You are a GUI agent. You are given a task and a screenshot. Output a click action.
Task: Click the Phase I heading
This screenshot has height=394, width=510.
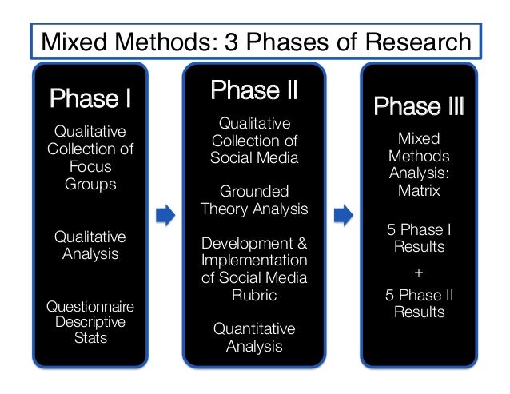[x=90, y=100]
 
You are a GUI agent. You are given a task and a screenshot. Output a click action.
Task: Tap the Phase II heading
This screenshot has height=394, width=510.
[x=254, y=91]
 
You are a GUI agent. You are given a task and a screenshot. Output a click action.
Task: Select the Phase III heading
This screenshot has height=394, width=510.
[x=419, y=106]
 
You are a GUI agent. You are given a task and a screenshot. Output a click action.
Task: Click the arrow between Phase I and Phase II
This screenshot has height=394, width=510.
[x=165, y=217]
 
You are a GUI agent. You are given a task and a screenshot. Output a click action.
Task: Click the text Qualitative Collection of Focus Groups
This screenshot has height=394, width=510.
[x=90, y=157]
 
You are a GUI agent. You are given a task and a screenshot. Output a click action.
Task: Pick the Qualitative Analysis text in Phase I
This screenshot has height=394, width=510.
[x=90, y=245]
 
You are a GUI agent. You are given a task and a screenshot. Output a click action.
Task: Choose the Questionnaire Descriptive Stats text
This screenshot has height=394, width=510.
[x=90, y=322]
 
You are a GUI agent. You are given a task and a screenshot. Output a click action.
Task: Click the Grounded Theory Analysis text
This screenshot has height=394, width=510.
[x=254, y=201]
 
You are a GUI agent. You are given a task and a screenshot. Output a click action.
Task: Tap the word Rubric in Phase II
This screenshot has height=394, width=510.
[x=254, y=294]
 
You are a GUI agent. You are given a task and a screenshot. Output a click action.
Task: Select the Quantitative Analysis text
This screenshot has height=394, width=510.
[x=254, y=337]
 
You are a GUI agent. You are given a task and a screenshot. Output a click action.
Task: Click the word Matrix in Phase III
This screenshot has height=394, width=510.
[x=419, y=191]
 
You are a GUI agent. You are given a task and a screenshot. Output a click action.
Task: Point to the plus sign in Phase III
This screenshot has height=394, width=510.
[x=419, y=272]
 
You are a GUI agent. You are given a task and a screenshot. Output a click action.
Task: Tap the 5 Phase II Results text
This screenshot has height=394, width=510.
[x=419, y=303]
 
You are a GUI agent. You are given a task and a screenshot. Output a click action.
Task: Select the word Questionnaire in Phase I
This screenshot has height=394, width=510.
[x=90, y=307]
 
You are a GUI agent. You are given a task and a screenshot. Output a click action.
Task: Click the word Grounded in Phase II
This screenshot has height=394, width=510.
[x=254, y=192]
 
